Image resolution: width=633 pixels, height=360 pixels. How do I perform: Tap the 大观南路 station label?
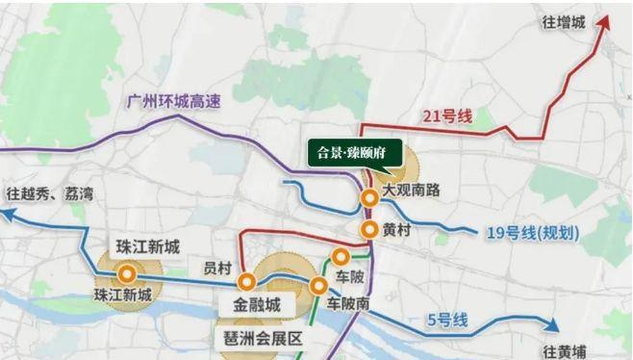click(411, 191)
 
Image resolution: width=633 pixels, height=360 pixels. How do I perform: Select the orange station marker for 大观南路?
click(369, 198)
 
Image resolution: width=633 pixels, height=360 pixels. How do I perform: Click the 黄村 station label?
click(397, 230)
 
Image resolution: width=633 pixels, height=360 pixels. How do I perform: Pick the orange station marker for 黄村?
click(369, 229)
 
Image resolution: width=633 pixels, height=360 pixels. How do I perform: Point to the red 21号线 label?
click(447, 116)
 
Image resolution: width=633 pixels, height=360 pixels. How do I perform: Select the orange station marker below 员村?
click(247, 282)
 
